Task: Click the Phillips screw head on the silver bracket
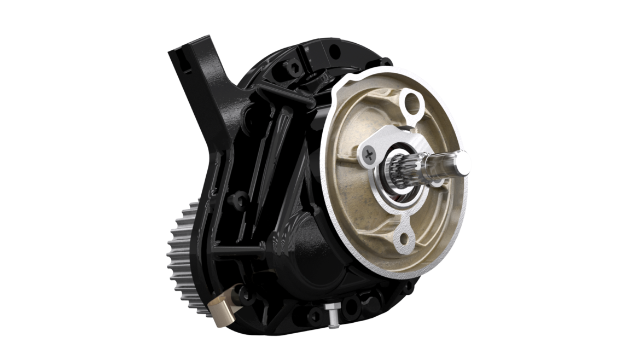click(x=370, y=155)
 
